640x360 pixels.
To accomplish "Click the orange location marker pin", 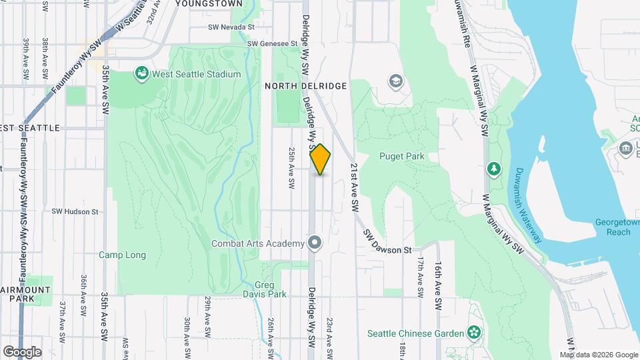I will click(321, 159).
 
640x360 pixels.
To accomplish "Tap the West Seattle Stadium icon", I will click(141, 73).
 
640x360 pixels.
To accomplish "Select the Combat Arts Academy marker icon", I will click(315, 243).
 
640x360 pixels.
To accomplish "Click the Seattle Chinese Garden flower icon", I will click(474, 331).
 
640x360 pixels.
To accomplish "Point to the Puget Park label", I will click(401, 157).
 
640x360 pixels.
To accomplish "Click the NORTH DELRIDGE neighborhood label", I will click(305, 86).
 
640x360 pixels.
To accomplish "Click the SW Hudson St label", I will click(75, 211).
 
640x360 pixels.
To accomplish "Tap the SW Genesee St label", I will click(272, 43).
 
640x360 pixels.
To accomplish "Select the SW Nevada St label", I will click(231, 27).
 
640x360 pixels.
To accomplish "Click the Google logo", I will click(22, 351).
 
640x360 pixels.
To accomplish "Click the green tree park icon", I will click(494, 169).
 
